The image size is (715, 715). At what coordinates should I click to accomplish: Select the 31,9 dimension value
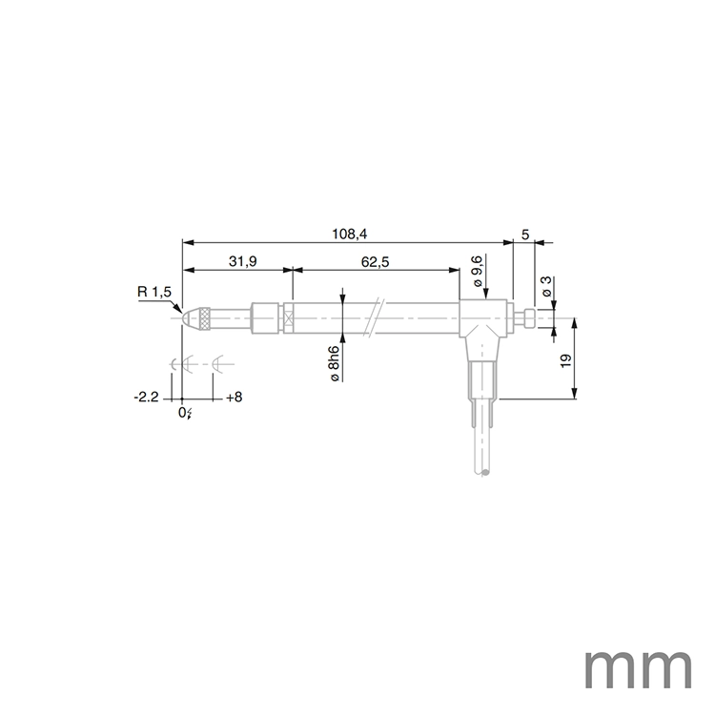point(241,260)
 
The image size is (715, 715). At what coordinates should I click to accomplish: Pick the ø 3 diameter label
point(545,287)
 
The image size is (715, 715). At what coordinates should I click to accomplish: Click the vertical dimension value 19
point(565,360)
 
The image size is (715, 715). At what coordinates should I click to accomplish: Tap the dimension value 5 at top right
point(525,233)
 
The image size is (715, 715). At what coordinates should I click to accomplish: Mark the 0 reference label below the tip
point(184,412)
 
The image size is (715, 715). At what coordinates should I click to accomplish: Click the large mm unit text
point(637,670)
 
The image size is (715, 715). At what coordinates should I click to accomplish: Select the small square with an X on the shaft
point(285,317)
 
